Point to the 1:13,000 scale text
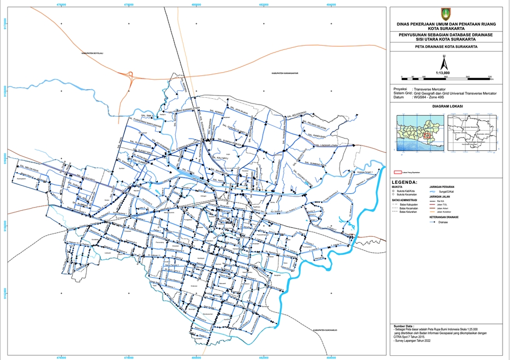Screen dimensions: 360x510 point(443,73)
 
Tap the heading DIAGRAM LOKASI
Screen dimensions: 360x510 point(447,106)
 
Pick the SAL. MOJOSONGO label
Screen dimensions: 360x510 point(296,114)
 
